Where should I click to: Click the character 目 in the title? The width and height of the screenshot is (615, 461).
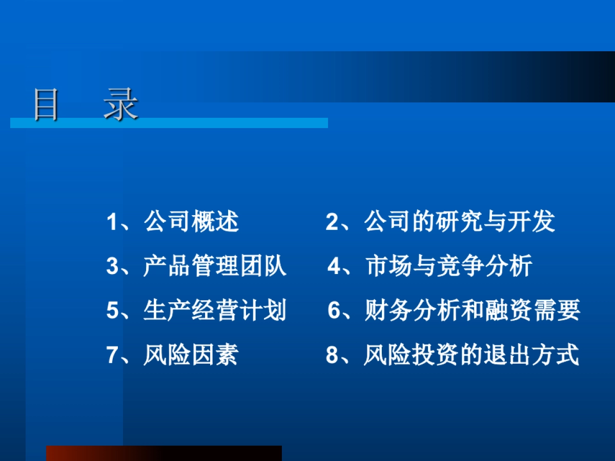46,104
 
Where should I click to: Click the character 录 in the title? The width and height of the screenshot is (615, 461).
121,104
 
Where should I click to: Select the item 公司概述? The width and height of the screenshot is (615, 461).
191,222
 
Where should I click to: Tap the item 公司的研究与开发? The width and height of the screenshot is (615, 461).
460,222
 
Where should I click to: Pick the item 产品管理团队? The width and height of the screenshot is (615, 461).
215,267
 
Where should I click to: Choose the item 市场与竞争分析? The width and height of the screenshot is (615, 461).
448,267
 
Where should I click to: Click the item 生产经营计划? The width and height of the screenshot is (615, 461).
215,311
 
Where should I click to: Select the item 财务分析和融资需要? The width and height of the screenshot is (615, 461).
472,311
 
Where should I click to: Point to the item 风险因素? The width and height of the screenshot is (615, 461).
191,355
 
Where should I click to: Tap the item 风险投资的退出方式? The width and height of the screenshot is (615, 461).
471,355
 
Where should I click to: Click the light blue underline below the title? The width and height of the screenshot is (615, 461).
169,123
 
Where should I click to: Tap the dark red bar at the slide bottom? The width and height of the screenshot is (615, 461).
164,453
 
